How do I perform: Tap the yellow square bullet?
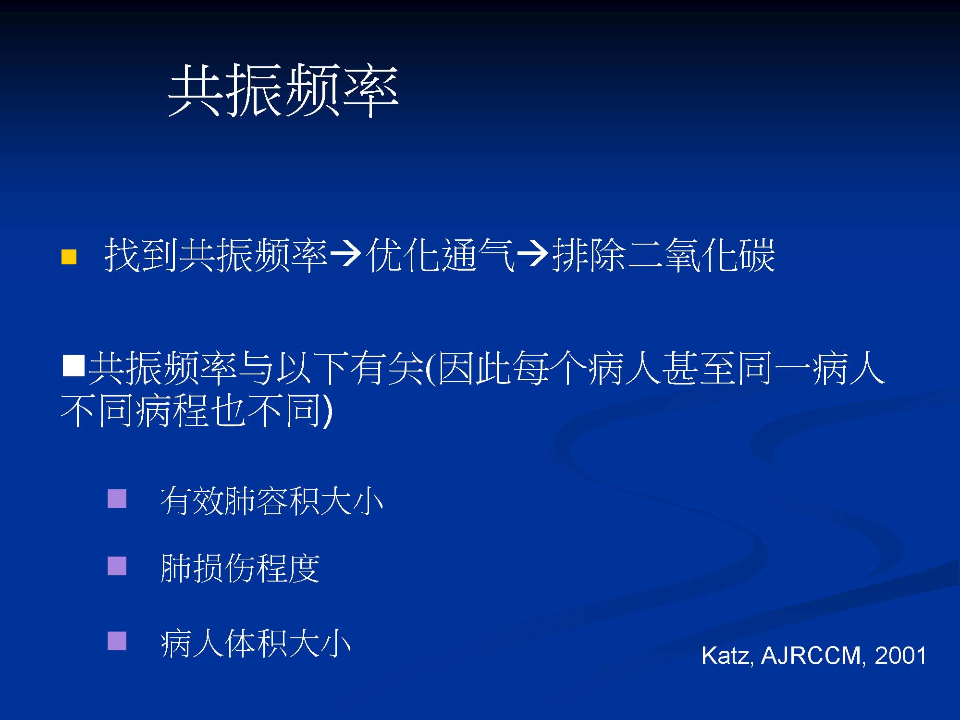click(69, 257)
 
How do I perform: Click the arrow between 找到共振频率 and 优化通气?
click(346, 254)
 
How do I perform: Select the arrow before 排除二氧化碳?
click(533, 254)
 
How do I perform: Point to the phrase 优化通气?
click(439, 255)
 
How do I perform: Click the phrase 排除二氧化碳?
click(664, 255)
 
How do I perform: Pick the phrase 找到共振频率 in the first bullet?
click(216, 255)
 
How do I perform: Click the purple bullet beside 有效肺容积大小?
click(117, 498)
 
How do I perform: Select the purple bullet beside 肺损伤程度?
click(117, 566)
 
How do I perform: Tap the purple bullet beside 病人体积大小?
click(117, 641)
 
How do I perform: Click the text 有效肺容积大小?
click(272, 501)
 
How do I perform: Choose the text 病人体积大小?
click(256, 643)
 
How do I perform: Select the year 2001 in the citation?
click(900, 656)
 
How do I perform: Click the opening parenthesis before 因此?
click(431, 369)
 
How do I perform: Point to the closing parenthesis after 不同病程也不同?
click(328, 411)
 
